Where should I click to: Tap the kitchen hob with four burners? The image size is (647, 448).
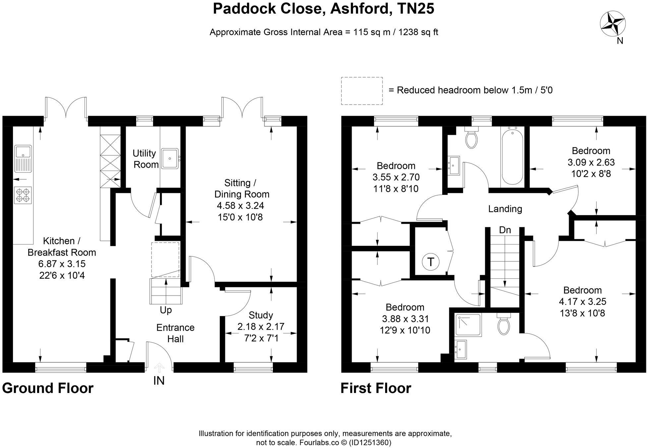click(x=23, y=195)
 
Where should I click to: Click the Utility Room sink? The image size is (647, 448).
click(x=170, y=159)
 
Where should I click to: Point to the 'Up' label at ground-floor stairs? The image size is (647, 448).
click(x=166, y=310)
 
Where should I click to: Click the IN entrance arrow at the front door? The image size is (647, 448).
click(x=159, y=368)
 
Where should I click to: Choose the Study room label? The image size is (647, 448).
click(x=261, y=315)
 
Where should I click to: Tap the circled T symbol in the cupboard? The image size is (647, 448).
click(x=431, y=262)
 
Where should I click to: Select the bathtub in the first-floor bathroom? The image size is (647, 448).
click(x=512, y=157)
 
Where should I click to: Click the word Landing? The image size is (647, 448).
click(x=505, y=209)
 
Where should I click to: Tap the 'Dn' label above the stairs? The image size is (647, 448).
click(x=505, y=230)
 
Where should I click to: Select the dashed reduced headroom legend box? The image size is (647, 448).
click(x=362, y=91)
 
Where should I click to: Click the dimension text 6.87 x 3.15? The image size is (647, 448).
click(x=62, y=264)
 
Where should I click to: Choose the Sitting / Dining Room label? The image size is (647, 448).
click(x=242, y=188)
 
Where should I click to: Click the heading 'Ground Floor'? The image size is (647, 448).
click(x=48, y=388)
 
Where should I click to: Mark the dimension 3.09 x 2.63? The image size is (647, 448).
click(x=591, y=162)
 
